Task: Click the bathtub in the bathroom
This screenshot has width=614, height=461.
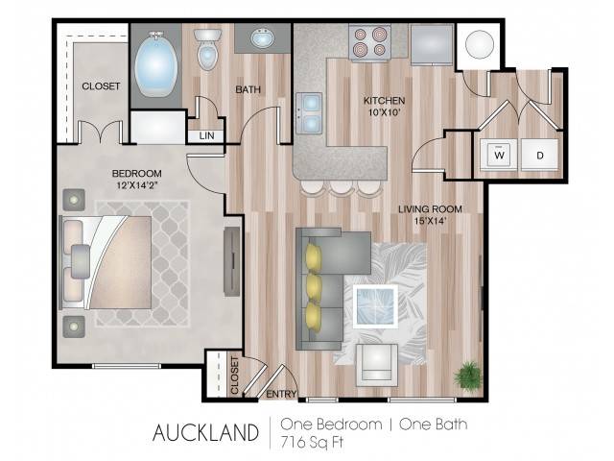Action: click(x=156, y=65)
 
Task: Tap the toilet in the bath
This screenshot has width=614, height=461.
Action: click(x=207, y=49)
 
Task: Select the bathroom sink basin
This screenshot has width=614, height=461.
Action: click(x=263, y=38)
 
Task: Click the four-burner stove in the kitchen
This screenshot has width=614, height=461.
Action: click(x=369, y=42)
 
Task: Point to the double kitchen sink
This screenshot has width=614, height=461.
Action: click(x=309, y=113)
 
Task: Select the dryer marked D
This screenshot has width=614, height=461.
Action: click(x=539, y=155)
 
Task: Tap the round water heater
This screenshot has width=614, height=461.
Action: click(x=480, y=44)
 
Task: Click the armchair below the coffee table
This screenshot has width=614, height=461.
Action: click(x=377, y=365)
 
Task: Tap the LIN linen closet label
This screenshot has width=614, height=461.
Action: click(x=207, y=135)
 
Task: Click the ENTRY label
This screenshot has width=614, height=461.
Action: click(x=281, y=394)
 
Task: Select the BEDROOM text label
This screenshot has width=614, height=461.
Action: click(x=136, y=173)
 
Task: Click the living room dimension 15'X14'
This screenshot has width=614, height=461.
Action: click(x=431, y=221)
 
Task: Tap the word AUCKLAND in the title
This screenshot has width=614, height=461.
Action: click(x=205, y=432)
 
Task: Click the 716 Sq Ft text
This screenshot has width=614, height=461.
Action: click(x=312, y=442)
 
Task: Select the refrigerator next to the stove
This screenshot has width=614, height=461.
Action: click(x=432, y=44)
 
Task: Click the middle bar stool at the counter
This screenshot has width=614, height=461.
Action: click(x=340, y=187)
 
